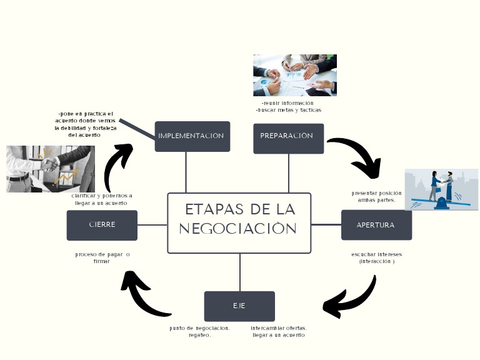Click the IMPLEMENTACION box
pyautogui.click(x=192, y=136)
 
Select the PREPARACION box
pyautogui.click(x=288, y=138)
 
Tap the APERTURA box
pyautogui.click(x=376, y=225)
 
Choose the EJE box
pyautogui.click(x=239, y=306)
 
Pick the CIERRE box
pyautogui.click(x=102, y=225)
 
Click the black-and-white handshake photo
pyautogui.click(x=50, y=169)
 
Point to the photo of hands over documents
pyautogui.click(x=294, y=75)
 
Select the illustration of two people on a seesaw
pyautogui.click(x=441, y=189)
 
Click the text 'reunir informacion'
pyautogui.click(x=287, y=103)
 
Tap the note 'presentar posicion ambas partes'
pyautogui.click(x=376, y=197)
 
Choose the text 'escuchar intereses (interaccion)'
pyautogui.click(x=376, y=257)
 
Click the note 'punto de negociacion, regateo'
pyautogui.click(x=200, y=331)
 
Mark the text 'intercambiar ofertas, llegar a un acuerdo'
pyautogui.click(x=279, y=331)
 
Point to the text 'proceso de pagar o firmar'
pyautogui.click(x=102, y=257)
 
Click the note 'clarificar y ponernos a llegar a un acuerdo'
pyautogui.click(x=102, y=199)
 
